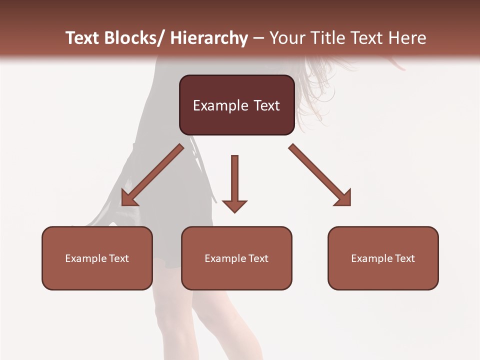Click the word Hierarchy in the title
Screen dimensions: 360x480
[209, 38]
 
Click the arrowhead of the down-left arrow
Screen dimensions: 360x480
[128, 198]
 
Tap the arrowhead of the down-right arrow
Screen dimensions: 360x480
[344, 198]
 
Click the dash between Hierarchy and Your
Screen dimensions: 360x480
[258, 38]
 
